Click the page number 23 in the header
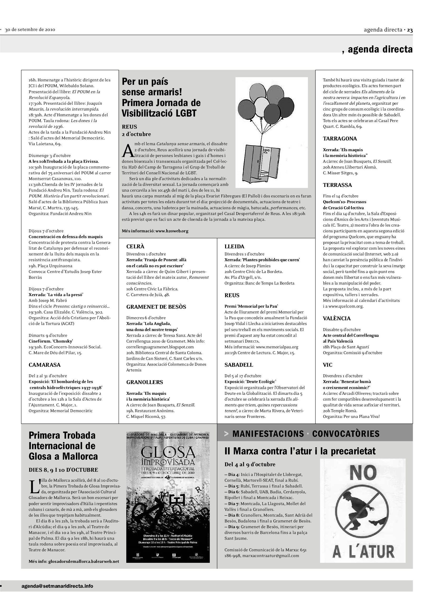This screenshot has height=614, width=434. [x=410, y=30]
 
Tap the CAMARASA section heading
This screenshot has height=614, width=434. [x=45, y=365]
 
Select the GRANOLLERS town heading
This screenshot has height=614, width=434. [x=144, y=382]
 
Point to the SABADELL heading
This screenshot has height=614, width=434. [x=239, y=365]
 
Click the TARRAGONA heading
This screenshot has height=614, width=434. [x=340, y=139]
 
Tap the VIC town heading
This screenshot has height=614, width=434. [x=328, y=365]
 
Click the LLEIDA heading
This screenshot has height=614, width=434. [x=234, y=246]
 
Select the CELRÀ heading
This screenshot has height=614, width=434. [x=135, y=246]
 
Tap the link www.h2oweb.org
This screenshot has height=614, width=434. [x=172, y=231]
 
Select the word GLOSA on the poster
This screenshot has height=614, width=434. [x=168, y=452]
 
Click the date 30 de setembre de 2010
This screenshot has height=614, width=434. [x=30, y=30]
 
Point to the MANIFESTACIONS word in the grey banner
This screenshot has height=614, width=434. [x=268, y=434]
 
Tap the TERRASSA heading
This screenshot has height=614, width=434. [x=337, y=185]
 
